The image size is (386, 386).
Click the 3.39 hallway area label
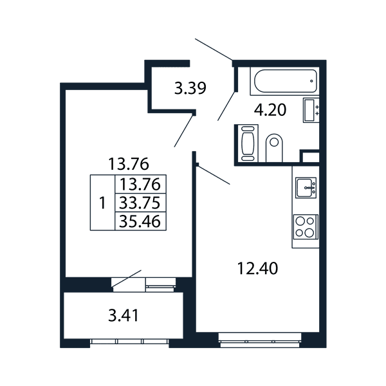coord(190,88)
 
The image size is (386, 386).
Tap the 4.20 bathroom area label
coord(270,110)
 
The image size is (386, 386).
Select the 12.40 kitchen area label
coord(257,268)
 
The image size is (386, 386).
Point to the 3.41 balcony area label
coord(124,316)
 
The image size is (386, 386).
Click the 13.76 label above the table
coord(129,164)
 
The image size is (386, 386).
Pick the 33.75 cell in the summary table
coord(140,203)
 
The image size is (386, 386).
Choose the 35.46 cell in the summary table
coord(140,221)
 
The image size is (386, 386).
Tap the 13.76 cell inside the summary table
coord(140,185)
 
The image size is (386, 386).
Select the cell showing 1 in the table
coord(102,203)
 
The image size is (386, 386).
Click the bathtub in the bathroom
coord(286,81)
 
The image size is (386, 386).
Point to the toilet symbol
coord(274,148)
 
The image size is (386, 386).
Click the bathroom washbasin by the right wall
coord(311,110)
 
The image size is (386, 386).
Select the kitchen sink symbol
coord(306,188)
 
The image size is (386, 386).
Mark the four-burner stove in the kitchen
coord(306,227)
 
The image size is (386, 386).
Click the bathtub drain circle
coord(311,81)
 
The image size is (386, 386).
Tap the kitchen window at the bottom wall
coord(260,340)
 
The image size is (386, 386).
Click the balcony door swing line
coord(127,279)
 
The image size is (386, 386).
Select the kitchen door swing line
coord(214,175)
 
